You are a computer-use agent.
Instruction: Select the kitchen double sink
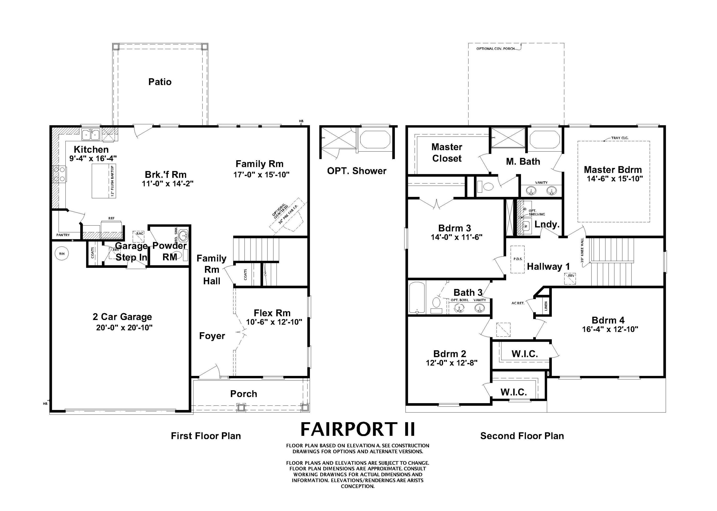(91, 135)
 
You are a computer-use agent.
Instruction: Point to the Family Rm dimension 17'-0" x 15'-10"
(261, 175)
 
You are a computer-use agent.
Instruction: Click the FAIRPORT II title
(358, 429)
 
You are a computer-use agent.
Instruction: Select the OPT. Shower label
(356, 171)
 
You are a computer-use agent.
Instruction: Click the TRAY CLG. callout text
(620, 138)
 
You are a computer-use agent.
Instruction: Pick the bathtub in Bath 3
(417, 298)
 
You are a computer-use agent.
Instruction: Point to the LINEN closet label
(546, 306)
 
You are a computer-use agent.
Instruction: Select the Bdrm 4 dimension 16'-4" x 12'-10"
(610, 329)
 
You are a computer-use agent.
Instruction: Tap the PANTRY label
(63, 235)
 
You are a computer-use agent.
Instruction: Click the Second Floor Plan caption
(522, 436)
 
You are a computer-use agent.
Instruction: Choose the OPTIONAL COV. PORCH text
(495, 49)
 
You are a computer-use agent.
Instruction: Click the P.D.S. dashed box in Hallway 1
(517, 259)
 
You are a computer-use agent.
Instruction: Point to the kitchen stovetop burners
(60, 174)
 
